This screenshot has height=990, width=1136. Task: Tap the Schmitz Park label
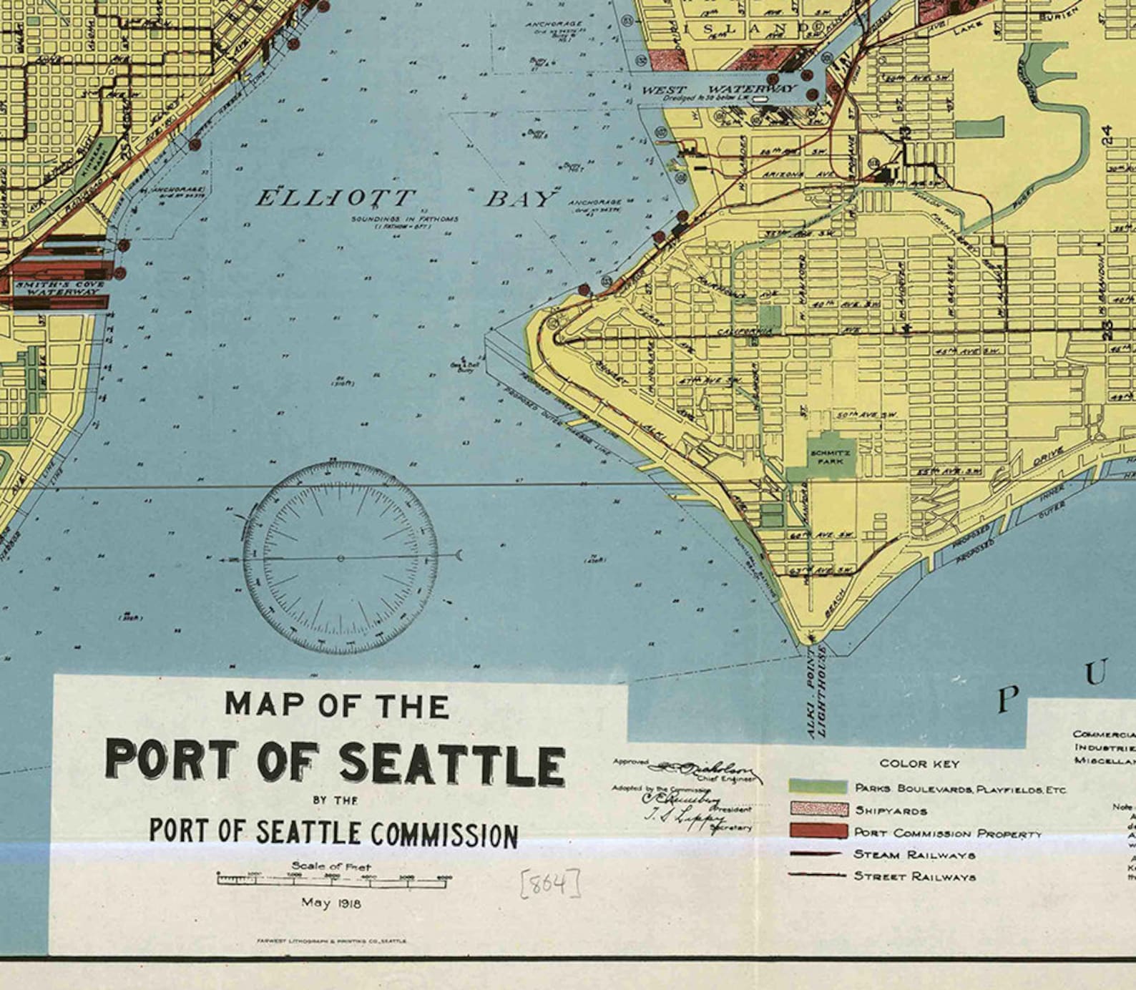[x=830, y=456]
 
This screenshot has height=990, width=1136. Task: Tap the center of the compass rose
[x=341, y=558]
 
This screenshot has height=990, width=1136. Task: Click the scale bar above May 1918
[x=334, y=880]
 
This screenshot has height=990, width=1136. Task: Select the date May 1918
[x=331, y=903]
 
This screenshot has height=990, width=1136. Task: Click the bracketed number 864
[x=549, y=884]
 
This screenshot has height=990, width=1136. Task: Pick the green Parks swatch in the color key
[x=818, y=786]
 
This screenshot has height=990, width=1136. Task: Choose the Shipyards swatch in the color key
[x=818, y=809]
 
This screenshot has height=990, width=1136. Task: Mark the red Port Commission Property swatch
[x=818, y=831]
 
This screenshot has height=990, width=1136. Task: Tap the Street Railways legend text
[x=914, y=876]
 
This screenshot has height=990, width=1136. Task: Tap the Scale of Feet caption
[x=331, y=866]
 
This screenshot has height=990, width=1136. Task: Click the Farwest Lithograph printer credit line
[x=331, y=941]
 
